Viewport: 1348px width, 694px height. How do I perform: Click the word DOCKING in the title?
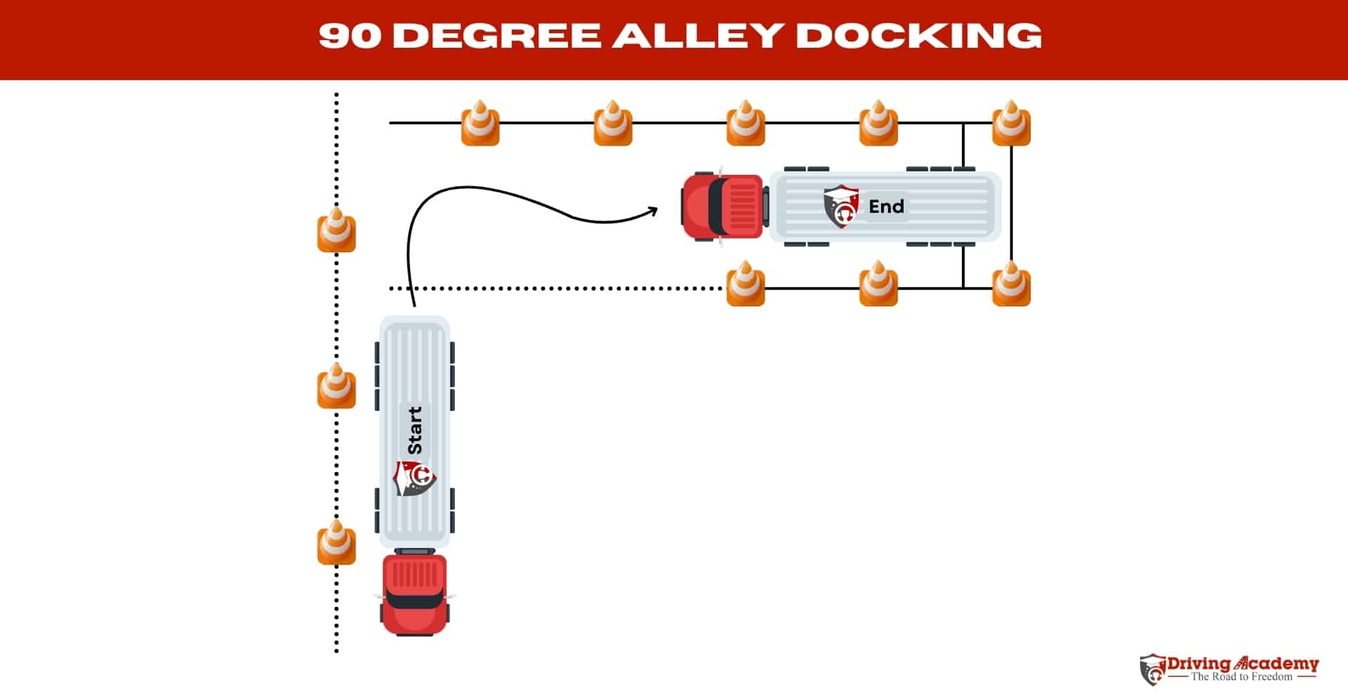[x=918, y=35]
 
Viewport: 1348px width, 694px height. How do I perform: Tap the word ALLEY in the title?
[x=697, y=35]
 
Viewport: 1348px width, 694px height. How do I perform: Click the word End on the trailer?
[x=886, y=207]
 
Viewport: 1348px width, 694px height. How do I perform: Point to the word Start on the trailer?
[x=415, y=430]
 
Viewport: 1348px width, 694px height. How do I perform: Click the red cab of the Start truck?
[x=414, y=594]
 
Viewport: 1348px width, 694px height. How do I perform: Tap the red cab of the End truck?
[x=723, y=207]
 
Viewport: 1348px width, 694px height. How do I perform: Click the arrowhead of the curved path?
[x=653, y=209]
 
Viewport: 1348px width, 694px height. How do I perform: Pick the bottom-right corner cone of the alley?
[x=1011, y=284]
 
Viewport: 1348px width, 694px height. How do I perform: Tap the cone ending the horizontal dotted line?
[x=745, y=284]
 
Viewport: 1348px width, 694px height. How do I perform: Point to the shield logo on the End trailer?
[x=840, y=207]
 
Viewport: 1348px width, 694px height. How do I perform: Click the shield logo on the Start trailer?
[x=414, y=478]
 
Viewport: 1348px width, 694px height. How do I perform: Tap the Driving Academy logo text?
[x=1243, y=663]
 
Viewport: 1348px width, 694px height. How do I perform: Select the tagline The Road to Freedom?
[x=1241, y=677]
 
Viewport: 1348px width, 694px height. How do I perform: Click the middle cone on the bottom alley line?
[x=878, y=284]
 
